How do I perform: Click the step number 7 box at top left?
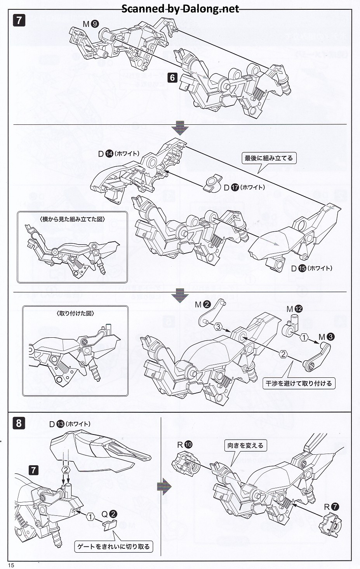pos(19,20)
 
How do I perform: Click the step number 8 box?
pos(19,423)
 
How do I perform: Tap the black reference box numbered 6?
pos(172,77)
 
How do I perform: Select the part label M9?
pos(90,24)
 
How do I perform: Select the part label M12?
pos(294,309)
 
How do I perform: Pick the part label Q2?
pos(109,514)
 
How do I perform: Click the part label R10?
pos(184,445)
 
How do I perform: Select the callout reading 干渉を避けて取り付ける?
pos(298,383)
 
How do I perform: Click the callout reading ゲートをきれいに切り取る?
pos(113,546)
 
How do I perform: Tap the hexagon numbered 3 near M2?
pos(218,326)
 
